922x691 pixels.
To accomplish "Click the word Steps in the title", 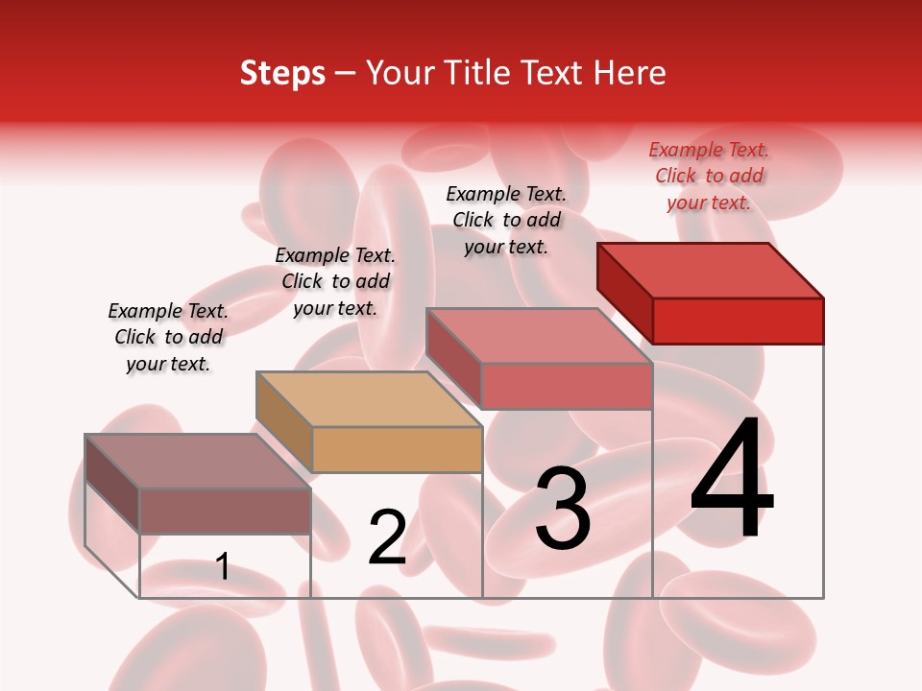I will (282, 74).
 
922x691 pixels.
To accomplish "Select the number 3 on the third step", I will (563, 509).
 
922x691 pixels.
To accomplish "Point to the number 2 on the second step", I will (388, 538).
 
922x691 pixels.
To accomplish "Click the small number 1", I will (223, 567).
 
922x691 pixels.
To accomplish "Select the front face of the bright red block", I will (738, 321).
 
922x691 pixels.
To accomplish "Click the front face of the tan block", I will (397, 449).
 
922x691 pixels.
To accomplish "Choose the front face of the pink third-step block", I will (567, 386).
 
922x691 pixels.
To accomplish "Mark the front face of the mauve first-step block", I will (225, 511).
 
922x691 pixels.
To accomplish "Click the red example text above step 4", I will (709, 177).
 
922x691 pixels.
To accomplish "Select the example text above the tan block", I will (335, 281).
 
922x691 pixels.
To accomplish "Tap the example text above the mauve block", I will (168, 337).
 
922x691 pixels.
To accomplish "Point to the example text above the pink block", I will (506, 220).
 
